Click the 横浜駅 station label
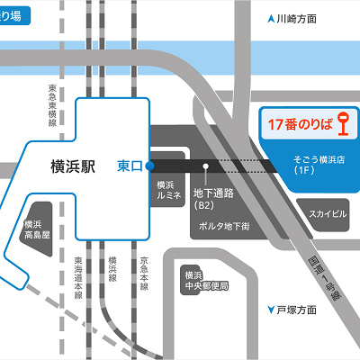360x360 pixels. tap(77, 166)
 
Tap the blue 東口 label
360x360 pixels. tap(130, 166)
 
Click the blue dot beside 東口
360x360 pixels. tap(149, 166)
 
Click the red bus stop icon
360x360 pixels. tap(343, 125)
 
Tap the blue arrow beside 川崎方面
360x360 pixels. tap(271, 19)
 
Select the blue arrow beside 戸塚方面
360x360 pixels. tap(271, 310)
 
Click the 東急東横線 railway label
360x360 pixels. tap(53, 108)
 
